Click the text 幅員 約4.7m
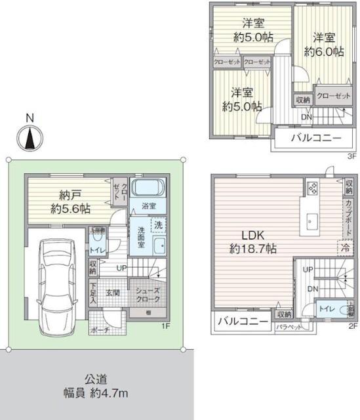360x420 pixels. (96, 393)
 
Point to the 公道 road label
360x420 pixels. (96, 379)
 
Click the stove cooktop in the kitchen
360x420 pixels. (311, 190)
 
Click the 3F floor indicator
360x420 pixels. (351, 156)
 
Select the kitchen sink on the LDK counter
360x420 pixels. (311, 220)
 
